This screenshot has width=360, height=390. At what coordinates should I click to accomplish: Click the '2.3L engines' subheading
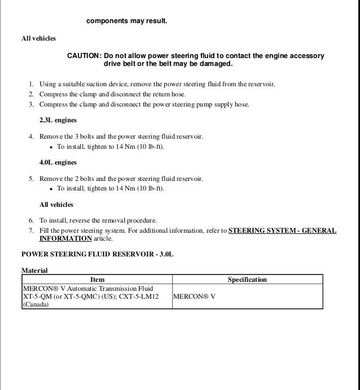coord(58,121)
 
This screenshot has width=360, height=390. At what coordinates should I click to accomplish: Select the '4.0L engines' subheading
coord(58,163)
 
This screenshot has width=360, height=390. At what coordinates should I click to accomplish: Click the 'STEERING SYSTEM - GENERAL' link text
coord(282,231)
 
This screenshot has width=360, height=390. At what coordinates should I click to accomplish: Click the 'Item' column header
coord(97,280)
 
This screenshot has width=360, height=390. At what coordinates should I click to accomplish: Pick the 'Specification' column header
coord(247,280)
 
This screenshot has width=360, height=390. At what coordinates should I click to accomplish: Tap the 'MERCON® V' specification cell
coord(195,296)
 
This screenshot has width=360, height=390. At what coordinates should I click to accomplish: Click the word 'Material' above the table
coord(34,271)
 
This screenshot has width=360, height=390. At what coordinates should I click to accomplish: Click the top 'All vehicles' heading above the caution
coord(38,38)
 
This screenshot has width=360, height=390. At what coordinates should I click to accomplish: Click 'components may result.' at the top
coord(126,21)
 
